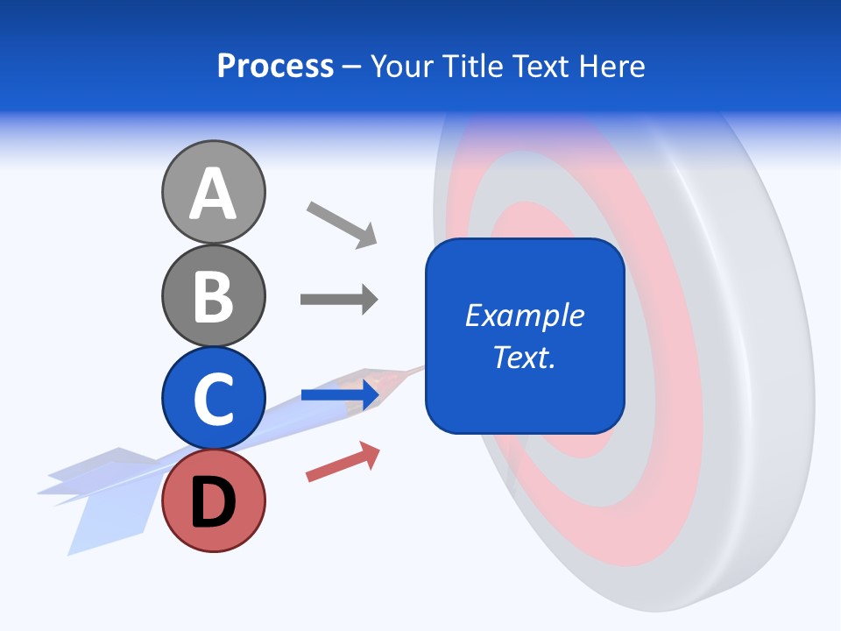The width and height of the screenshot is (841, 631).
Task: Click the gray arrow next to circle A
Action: [x=342, y=223]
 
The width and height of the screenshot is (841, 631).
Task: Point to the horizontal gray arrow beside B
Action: [x=339, y=300]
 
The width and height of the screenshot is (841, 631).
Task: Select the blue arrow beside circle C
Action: [x=340, y=395]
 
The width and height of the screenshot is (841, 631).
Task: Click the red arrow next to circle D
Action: [x=343, y=462]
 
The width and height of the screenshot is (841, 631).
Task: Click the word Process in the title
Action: [x=275, y=67]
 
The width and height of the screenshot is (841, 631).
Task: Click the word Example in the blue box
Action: [x=525, y=315]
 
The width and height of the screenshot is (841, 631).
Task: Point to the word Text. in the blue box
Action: [x=525, y=357]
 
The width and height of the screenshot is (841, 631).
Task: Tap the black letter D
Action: [x=213, y=503]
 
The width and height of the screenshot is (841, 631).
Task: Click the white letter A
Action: [x=213, y=195]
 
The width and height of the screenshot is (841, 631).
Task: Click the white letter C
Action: [x=213, y=399]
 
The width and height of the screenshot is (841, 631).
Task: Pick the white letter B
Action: [x=213, y=296]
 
